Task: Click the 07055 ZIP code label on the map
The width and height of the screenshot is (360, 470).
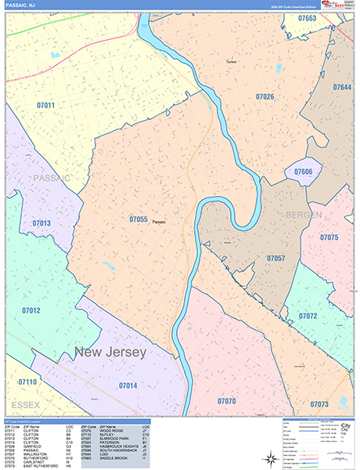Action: pyautogui.click(x=138, y=220)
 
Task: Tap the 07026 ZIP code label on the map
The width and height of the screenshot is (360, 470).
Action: pyautogui.click(x=265, y=96)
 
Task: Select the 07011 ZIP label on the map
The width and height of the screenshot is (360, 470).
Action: pyautogui.click(x=45, y=105)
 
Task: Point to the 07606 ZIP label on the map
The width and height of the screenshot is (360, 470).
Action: pyautogui.click(x=303, y=172)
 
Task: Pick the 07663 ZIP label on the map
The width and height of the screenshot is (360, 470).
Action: pyautogui.click(x=307, y=18)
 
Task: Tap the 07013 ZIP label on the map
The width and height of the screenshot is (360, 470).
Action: pyautogui.click(x=41, y=223)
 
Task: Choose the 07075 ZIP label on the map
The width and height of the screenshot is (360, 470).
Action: pyautogui.click(x=329, y=237)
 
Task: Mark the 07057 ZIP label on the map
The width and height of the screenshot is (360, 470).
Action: pyautogui.click(x=275, y=258)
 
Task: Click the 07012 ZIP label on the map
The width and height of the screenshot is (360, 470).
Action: pyautogui.click(x=31, y=310)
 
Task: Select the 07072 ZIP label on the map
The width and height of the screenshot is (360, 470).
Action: pyautogui.click(x=308, y=316)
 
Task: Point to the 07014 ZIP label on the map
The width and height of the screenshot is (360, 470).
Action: pyautogui.click(x=128, y=385)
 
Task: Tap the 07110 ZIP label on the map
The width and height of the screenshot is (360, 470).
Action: pyautogui.click(x=27, y=381)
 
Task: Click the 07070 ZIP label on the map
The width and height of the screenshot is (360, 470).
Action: pyautogui.click(x=226, y=401)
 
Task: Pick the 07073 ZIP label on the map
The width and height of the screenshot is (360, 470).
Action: pyautogui.click(x=319, y=404)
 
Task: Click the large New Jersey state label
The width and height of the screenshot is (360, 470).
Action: pyautogui.click(x=110, y=353)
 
